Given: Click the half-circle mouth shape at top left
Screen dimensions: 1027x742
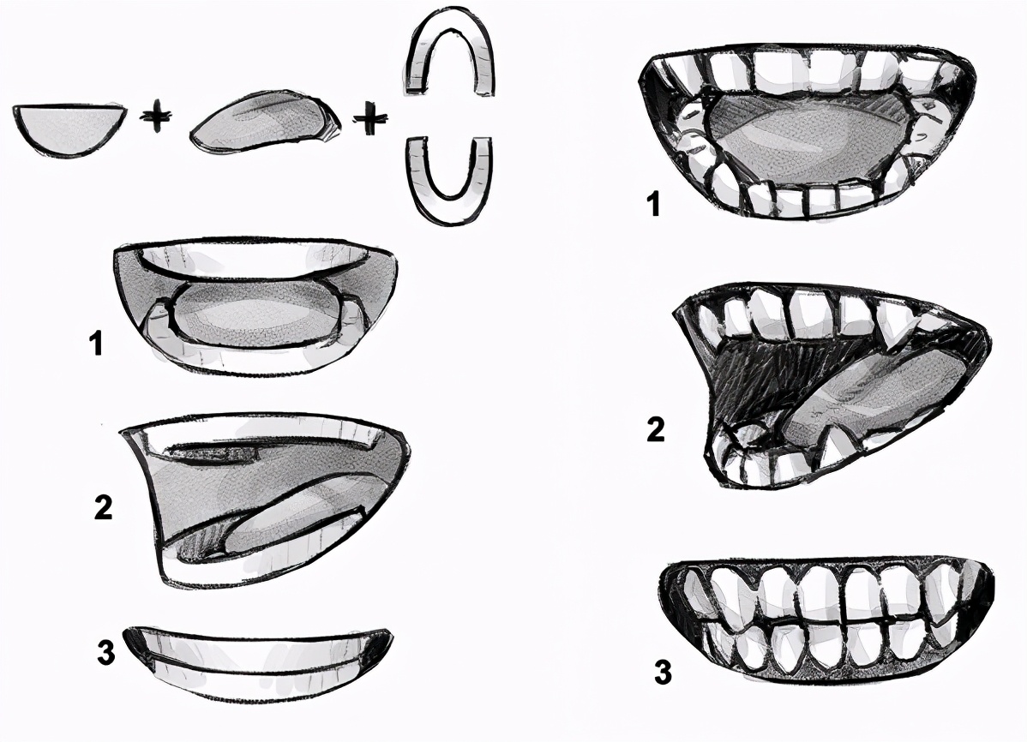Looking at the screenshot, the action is coord(69,129).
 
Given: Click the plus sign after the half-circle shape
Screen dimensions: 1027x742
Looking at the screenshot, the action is coord(157,120).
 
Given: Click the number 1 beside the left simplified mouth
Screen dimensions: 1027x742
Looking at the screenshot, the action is coord(97,344).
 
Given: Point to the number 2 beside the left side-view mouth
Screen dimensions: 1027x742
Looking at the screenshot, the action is coord(103,507).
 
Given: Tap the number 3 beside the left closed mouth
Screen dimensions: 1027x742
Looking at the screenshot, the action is coord(106,651).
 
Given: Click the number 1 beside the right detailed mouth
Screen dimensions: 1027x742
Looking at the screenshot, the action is coord(654,204).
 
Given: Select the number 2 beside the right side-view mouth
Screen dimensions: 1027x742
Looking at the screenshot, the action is coord(656,429).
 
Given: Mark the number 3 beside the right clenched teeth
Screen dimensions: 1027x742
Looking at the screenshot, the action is coord(663,671).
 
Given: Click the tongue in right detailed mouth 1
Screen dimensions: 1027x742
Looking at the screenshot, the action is coord(809,138).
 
